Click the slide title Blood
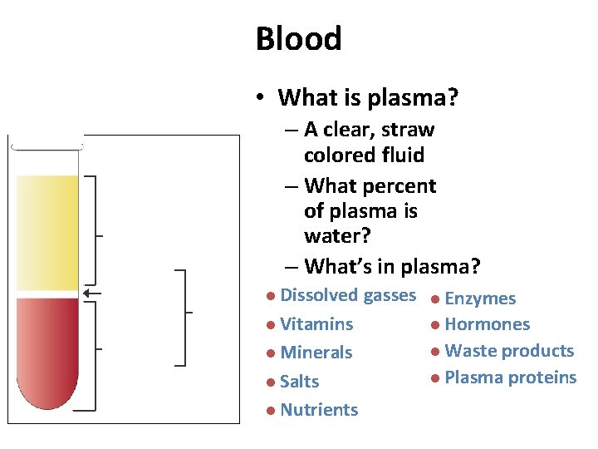(298, 39)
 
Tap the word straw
(406, 130)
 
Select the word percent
(397, 185)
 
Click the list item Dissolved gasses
(347, 295)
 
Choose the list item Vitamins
(316, 324)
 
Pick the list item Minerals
(316, 353)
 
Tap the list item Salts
(300, 382)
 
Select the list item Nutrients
(319, 410)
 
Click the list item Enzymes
(480, 299)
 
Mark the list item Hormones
(487, 324)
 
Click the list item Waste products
(509, 351)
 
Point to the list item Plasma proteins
(510, 377)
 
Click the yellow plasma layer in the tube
(47, 233)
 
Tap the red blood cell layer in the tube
(47, 349)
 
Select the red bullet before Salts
(271, 382)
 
